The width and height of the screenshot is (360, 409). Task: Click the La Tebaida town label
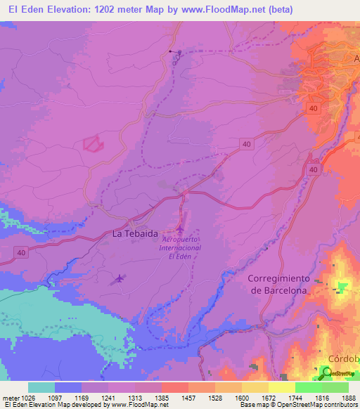[x=135, y=234]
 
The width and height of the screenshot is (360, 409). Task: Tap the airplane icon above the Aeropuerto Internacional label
[x=181, y=230]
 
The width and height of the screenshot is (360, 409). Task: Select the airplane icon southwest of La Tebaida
[x=118, y=279]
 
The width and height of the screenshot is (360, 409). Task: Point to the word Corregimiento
[x=278, y=278]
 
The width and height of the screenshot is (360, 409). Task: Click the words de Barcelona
[x=278, y=290]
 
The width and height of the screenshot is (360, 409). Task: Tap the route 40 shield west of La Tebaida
[x=21, y=253]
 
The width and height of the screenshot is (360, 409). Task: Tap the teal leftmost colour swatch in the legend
[x=41, y=387]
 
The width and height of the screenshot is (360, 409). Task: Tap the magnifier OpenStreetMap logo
[x=328, y=372]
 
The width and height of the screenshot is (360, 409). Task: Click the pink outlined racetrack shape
[x=94, y=143]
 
